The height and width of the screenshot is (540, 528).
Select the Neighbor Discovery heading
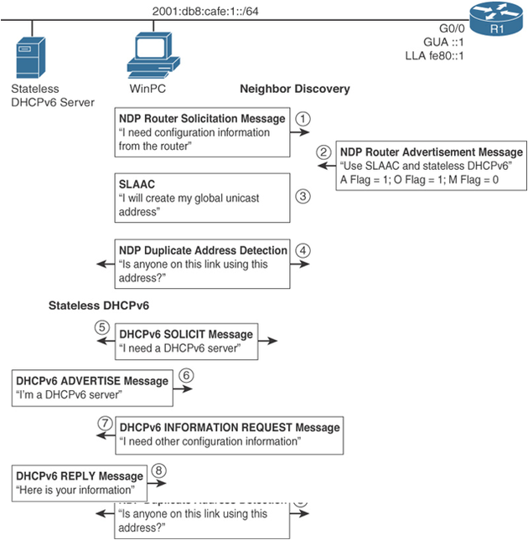pos(294,88)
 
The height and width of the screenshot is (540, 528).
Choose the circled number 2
pos(324,152)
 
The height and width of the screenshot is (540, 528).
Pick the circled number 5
pos(102,327)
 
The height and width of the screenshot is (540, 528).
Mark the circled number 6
pos(186,375)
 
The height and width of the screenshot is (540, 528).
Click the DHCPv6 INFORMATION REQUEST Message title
pos(230,428)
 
